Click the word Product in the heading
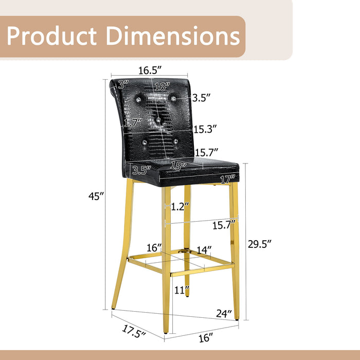point(51,36)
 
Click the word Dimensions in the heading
point(173,36)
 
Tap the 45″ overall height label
point(96,196)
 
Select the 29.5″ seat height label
point(260,244)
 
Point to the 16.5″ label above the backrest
point(150,70)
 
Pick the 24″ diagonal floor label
point(224,313)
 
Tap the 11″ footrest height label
point(182,290)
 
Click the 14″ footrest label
point(204,250)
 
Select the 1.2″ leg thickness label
point(180,207)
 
